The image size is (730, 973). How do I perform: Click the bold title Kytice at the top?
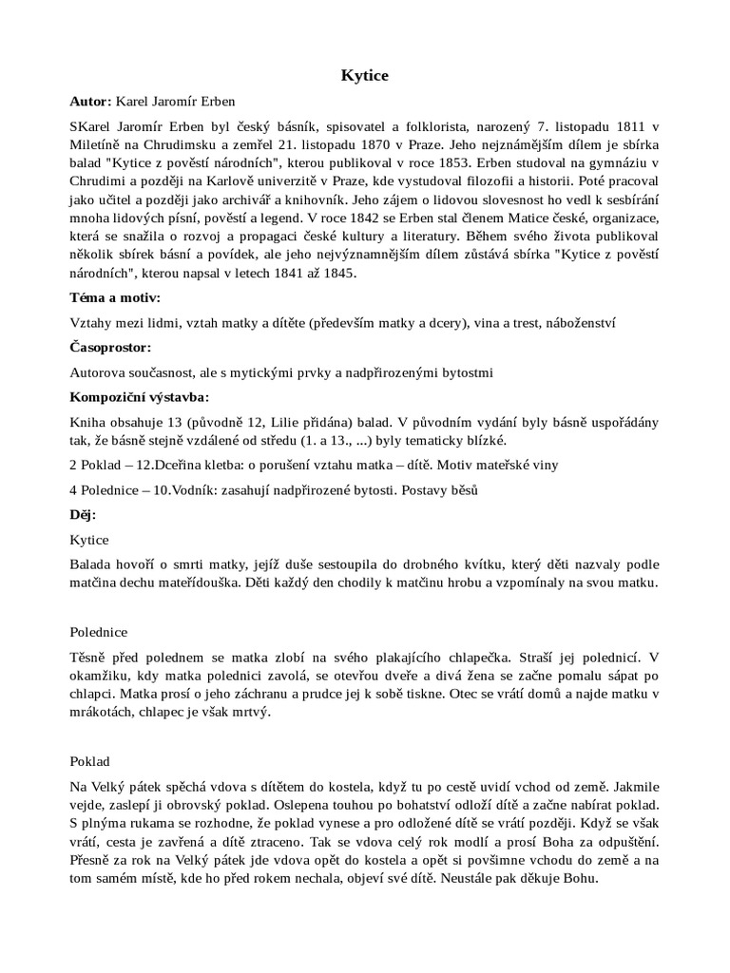(364, 73)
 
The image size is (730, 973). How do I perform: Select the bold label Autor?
(91, 101)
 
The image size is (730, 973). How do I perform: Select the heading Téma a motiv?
(115, 297)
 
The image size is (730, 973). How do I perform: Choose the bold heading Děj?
(84, 514)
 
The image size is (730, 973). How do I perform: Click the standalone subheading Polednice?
(99, 631)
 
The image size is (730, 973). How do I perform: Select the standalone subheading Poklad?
(90, 761)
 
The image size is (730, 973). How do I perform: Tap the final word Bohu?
(579, 878)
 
